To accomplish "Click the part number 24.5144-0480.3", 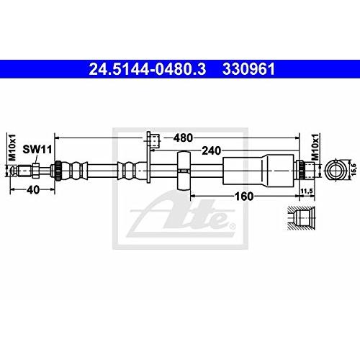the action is click(x=148, y=69).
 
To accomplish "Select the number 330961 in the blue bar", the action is click(x=248, y=69).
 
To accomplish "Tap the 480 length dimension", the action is click(x=183, y=138).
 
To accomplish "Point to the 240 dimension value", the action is click(x=211, y=150).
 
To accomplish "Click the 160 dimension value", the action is click(x=244, y=197).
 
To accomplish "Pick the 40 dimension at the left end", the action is click(x=33, y=190).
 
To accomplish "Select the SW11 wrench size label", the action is click(x=37, y=149).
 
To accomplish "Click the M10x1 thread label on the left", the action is click(x=12, y=148).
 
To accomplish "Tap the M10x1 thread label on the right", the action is click(x=315, y=147).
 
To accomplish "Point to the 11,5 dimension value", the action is click(x=307, y=191).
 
